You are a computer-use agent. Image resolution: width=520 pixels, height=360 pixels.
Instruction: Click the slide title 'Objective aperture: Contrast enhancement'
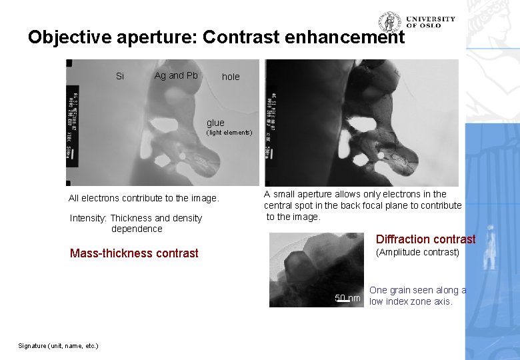tap(216, 37)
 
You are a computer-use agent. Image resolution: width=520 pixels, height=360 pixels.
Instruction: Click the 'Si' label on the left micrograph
tap(120, 76)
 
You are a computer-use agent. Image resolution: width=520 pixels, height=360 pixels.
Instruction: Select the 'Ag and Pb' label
tap(176, 75)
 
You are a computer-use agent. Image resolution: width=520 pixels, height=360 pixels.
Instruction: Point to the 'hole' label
tap(231, 77)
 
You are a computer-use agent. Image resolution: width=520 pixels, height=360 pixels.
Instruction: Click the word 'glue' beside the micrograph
tap(215, 123)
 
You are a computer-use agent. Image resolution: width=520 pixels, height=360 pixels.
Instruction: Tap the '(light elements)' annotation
tap(229, 133)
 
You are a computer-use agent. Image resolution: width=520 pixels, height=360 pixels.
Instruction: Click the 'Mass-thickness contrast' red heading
tap(134, 253)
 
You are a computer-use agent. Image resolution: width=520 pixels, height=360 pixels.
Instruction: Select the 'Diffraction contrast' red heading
tap(425, 239)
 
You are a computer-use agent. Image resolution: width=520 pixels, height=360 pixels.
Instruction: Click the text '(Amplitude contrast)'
tap(418, 252)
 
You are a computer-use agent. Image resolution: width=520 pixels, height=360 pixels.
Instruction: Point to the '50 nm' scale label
tap(347, 298)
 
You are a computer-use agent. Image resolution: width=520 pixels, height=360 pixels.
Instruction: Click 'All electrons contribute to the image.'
tap(143, 198)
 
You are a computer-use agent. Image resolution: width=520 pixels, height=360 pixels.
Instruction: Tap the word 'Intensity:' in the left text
tap(89, 218)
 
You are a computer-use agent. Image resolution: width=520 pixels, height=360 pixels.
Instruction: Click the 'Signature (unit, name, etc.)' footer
tap(59, 345)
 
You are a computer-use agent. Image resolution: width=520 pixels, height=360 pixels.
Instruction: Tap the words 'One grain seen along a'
tap(417, 290)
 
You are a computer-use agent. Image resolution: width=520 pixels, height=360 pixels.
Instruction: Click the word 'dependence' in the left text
tap(137, 229)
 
